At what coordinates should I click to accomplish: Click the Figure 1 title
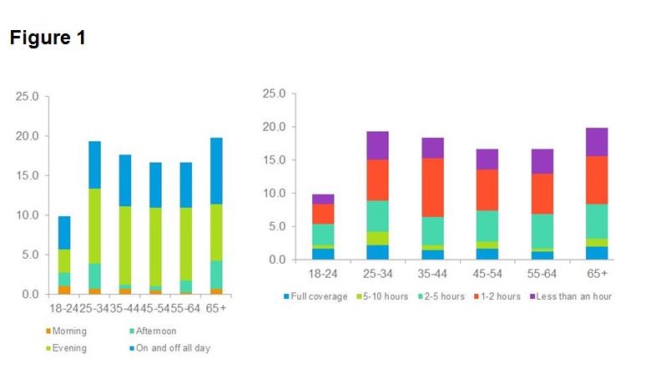coord(48,38)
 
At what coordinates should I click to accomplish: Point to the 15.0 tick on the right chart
coord(275,160)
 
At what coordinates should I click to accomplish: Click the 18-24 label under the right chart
coord(323,273)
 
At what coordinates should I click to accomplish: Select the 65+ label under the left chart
coord(216,307)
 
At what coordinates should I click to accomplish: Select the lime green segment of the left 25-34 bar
coord(95,225)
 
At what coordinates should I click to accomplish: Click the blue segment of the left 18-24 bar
coord(64,232)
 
